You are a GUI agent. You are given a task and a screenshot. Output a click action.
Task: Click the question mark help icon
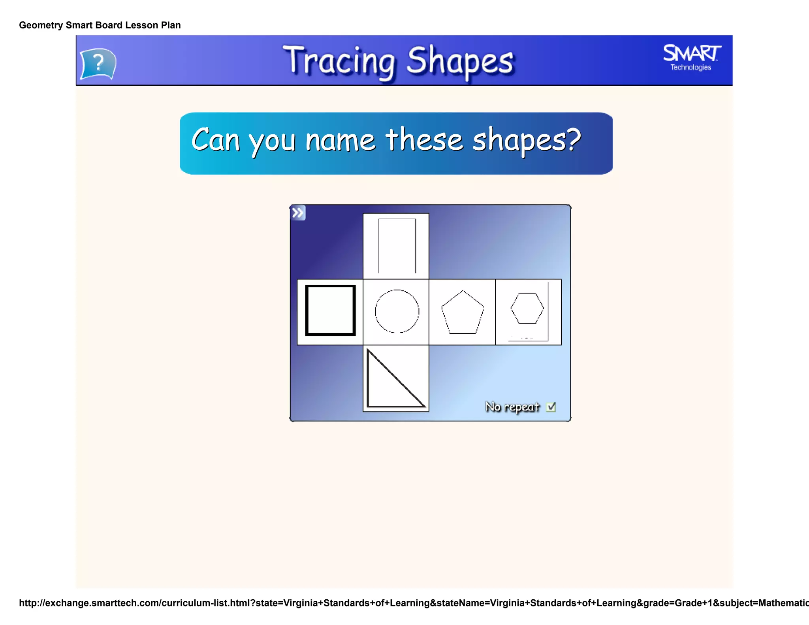[x=98, y=63]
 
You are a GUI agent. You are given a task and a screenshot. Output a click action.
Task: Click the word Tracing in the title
[x=339, y=61]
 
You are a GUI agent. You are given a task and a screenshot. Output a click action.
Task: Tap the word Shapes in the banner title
[x=460, y=61]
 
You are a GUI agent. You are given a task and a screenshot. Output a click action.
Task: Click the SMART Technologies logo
[x=692, y=58]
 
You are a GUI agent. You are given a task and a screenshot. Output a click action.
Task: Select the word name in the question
[x=340, y=141]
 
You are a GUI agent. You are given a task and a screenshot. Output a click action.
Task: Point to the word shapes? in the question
[x=527, y=141]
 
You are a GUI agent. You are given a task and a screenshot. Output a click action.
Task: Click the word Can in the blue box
[x=216, y=140]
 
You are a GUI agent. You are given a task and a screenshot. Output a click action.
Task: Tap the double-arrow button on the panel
[x=298, y=213]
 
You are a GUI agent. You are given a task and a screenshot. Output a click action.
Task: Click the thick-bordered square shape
[x=330, y=311]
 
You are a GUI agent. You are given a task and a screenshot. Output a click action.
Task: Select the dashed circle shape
[x=397, y=311]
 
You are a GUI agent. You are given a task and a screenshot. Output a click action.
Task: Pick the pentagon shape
[x=463, y=313]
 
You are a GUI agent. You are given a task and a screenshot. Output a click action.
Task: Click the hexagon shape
[x=527, y=308]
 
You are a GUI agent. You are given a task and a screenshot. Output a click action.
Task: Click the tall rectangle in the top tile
[x=397, y=246]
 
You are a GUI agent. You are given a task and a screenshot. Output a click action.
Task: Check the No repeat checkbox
[x=551, y=407]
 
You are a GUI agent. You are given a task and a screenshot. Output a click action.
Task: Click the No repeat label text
[x=512, y=407]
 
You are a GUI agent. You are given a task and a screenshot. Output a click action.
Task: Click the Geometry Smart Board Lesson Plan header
[x=100, y=25]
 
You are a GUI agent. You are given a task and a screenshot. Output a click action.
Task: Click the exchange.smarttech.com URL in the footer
[x=411, y=603]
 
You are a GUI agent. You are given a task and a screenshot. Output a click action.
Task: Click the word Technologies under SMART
[x=690, y=68]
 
